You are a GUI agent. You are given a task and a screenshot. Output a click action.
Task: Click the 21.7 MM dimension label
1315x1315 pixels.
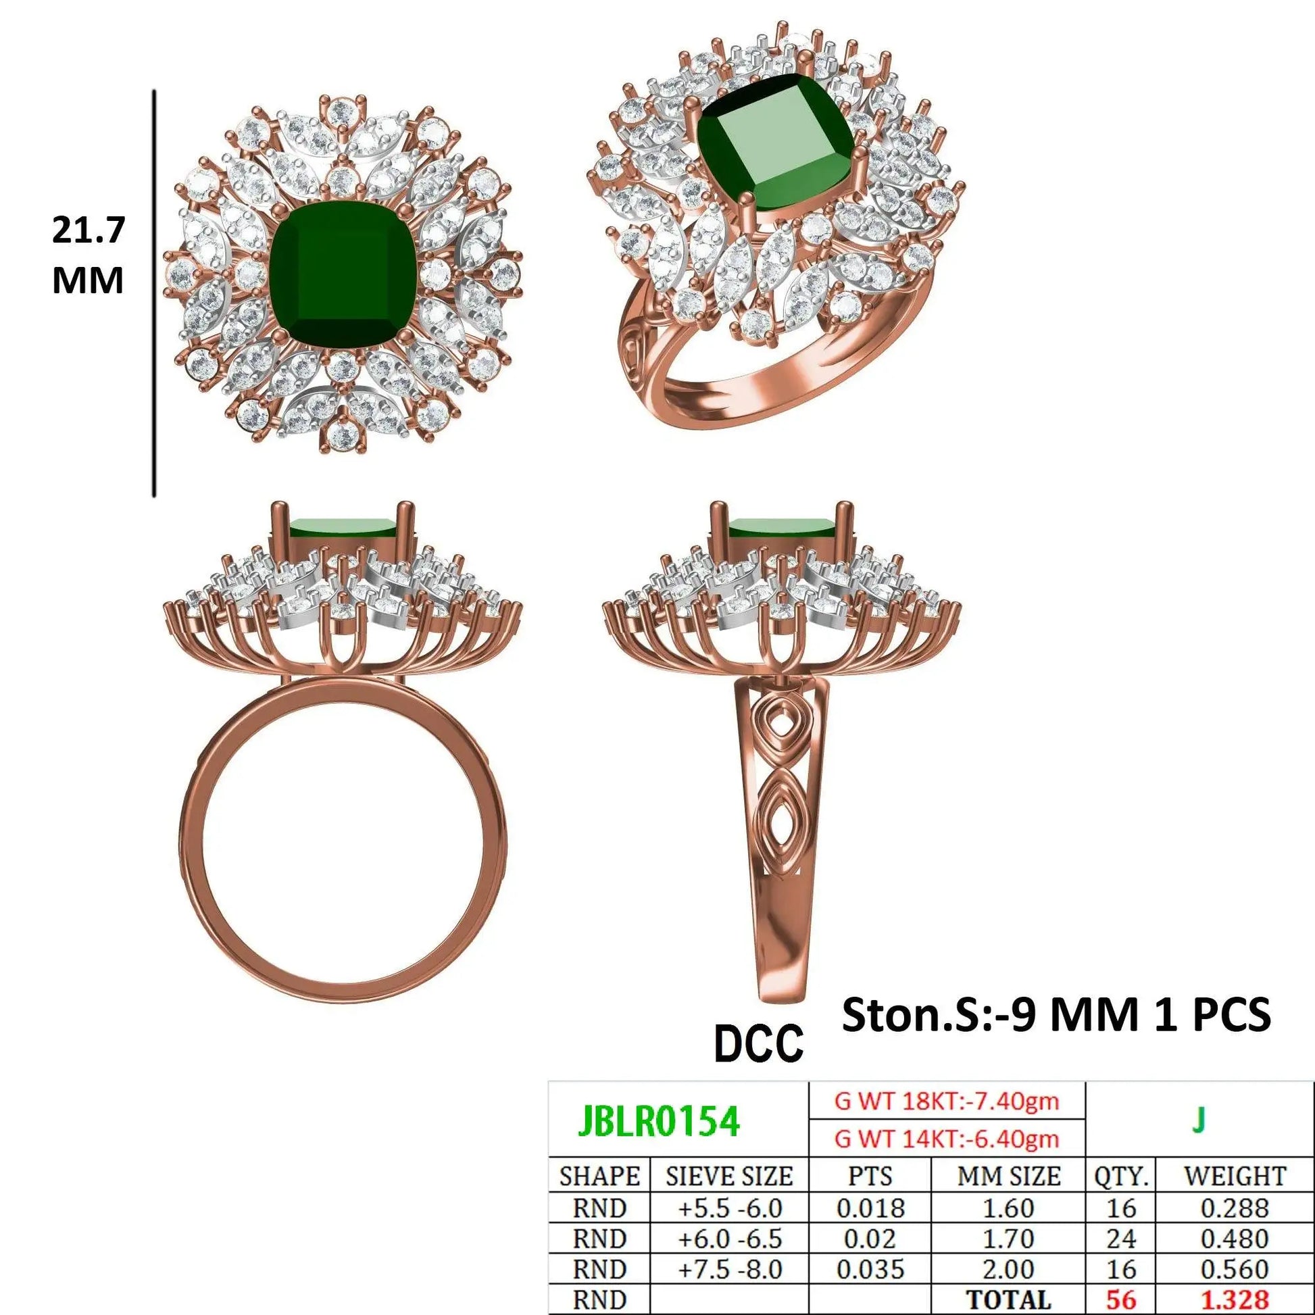89,256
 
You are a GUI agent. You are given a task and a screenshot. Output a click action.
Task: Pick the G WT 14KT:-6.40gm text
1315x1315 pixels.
947,1139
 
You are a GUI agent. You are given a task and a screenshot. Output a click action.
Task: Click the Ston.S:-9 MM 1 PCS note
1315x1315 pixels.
1056,1015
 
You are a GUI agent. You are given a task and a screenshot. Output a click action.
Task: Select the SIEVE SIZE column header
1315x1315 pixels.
729,1176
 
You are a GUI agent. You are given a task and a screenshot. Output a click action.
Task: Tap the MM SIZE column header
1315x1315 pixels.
1009,1176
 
